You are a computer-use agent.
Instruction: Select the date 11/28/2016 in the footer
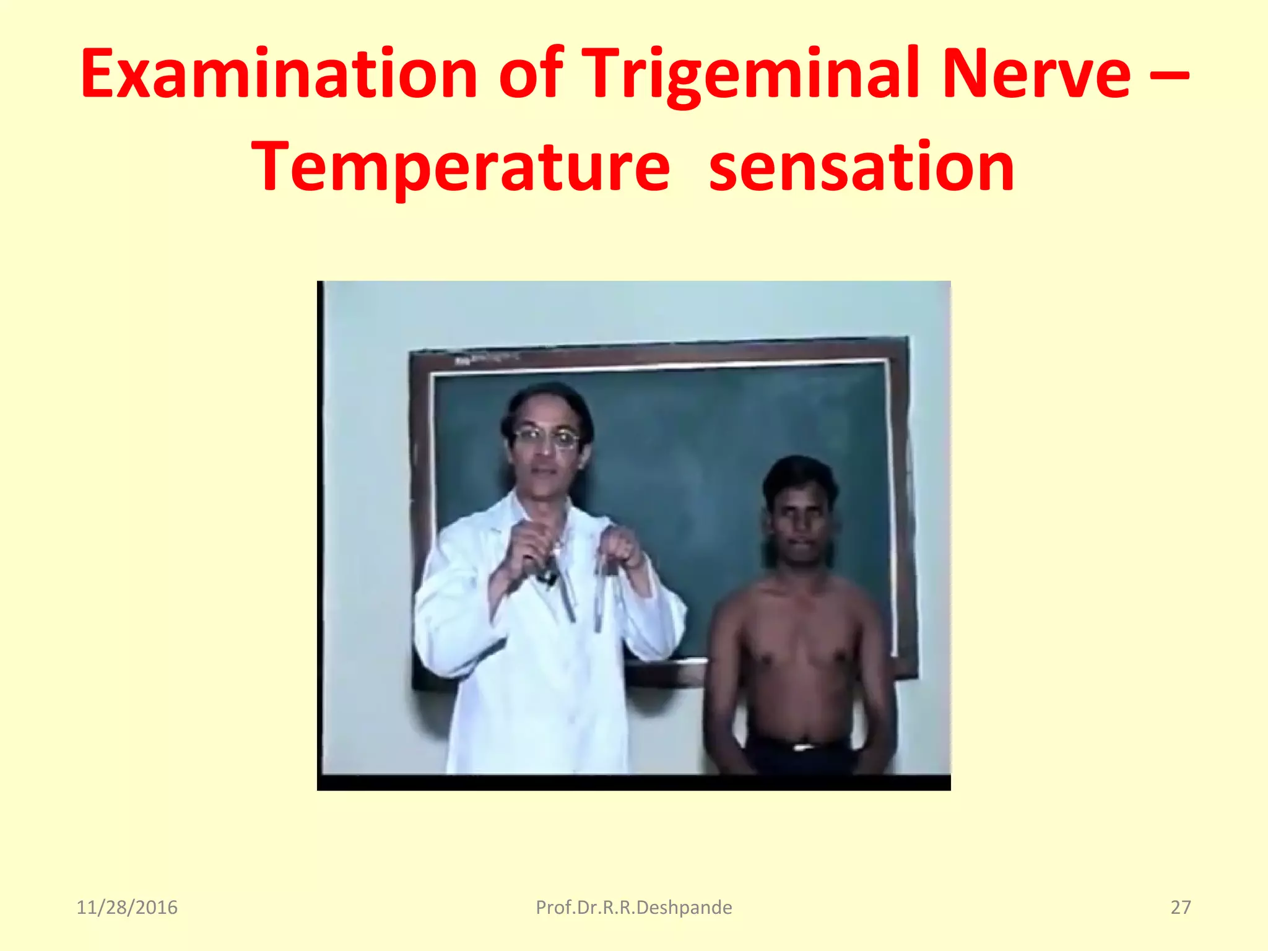tap(127, 908)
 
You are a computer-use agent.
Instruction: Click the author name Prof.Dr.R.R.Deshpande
tap(633, 908)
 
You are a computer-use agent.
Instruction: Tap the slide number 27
tap(1181, 908)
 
